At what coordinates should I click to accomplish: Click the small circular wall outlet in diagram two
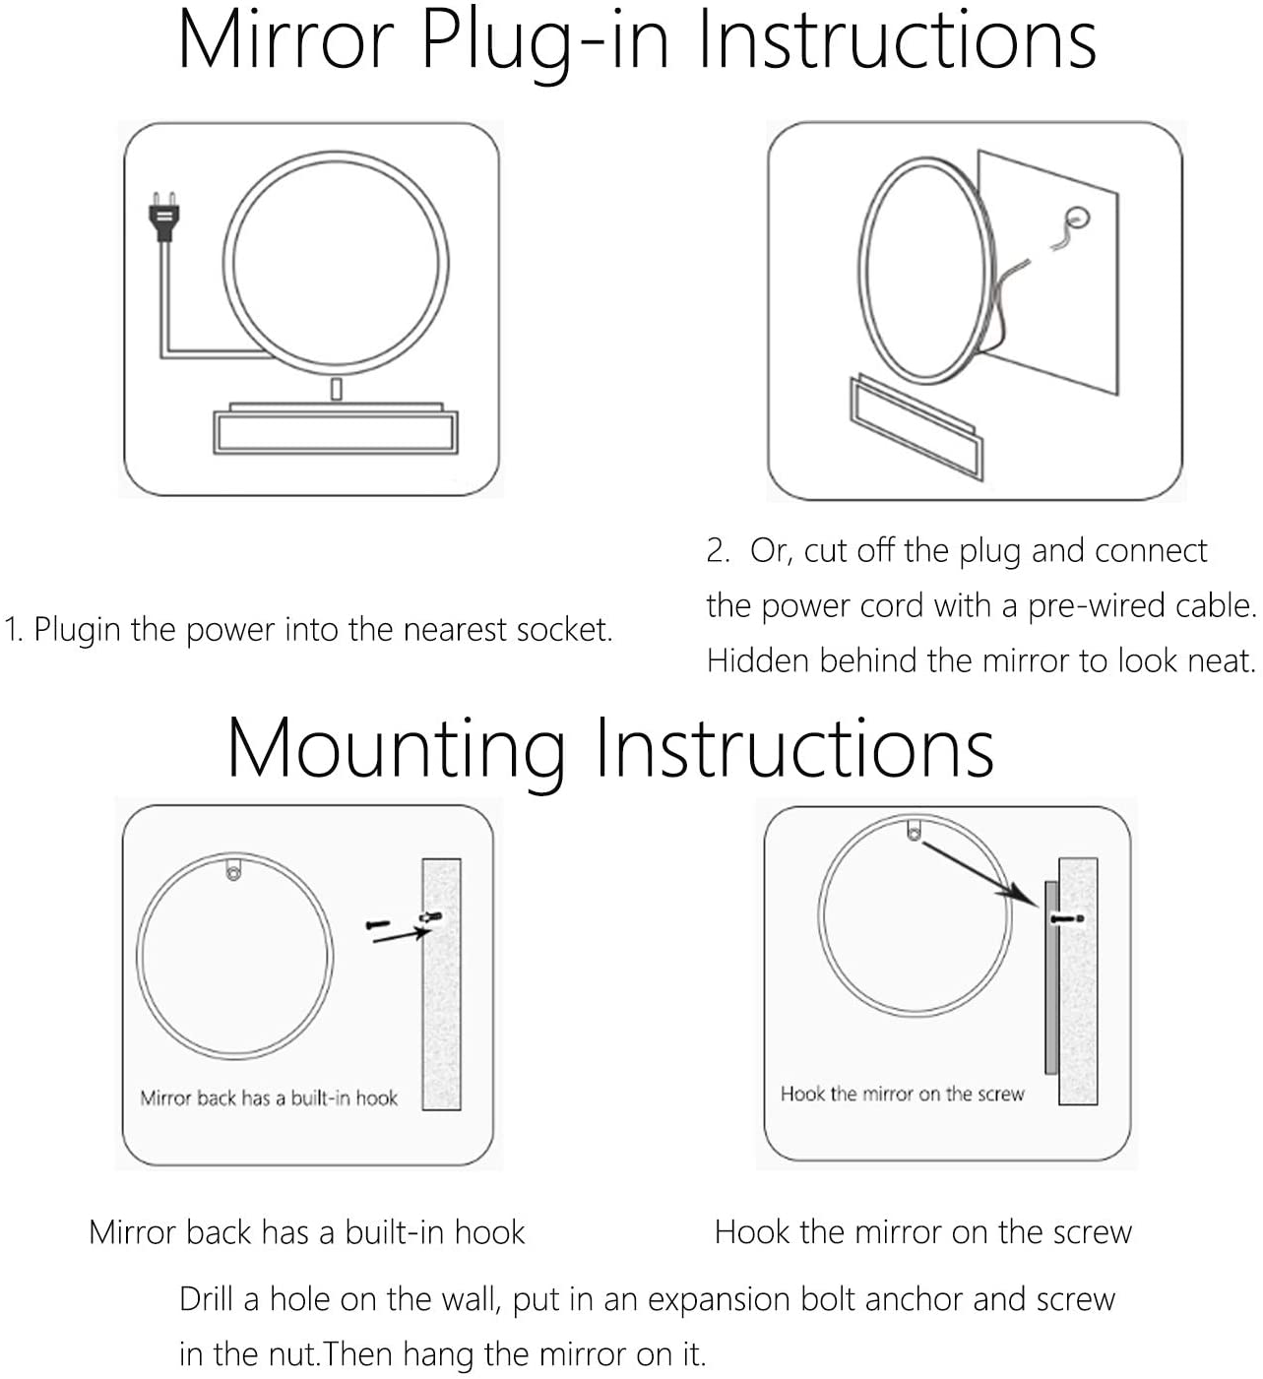click(x=1077, y=218)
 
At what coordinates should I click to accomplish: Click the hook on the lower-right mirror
click(x=914, y=829)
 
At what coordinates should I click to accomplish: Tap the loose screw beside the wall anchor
click(x=378, y=924)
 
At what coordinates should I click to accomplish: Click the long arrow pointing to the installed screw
click(x=979, y=874)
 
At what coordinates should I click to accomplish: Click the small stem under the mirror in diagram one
click(x=337, y=389)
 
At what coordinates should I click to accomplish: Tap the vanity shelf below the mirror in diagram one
click(x=336, y=428)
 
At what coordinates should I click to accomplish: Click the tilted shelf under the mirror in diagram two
click(x=917, y=427)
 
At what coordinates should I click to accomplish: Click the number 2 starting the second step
click(x=718, y=551)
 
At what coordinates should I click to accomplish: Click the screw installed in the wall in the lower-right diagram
click(x=1067, y=918)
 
